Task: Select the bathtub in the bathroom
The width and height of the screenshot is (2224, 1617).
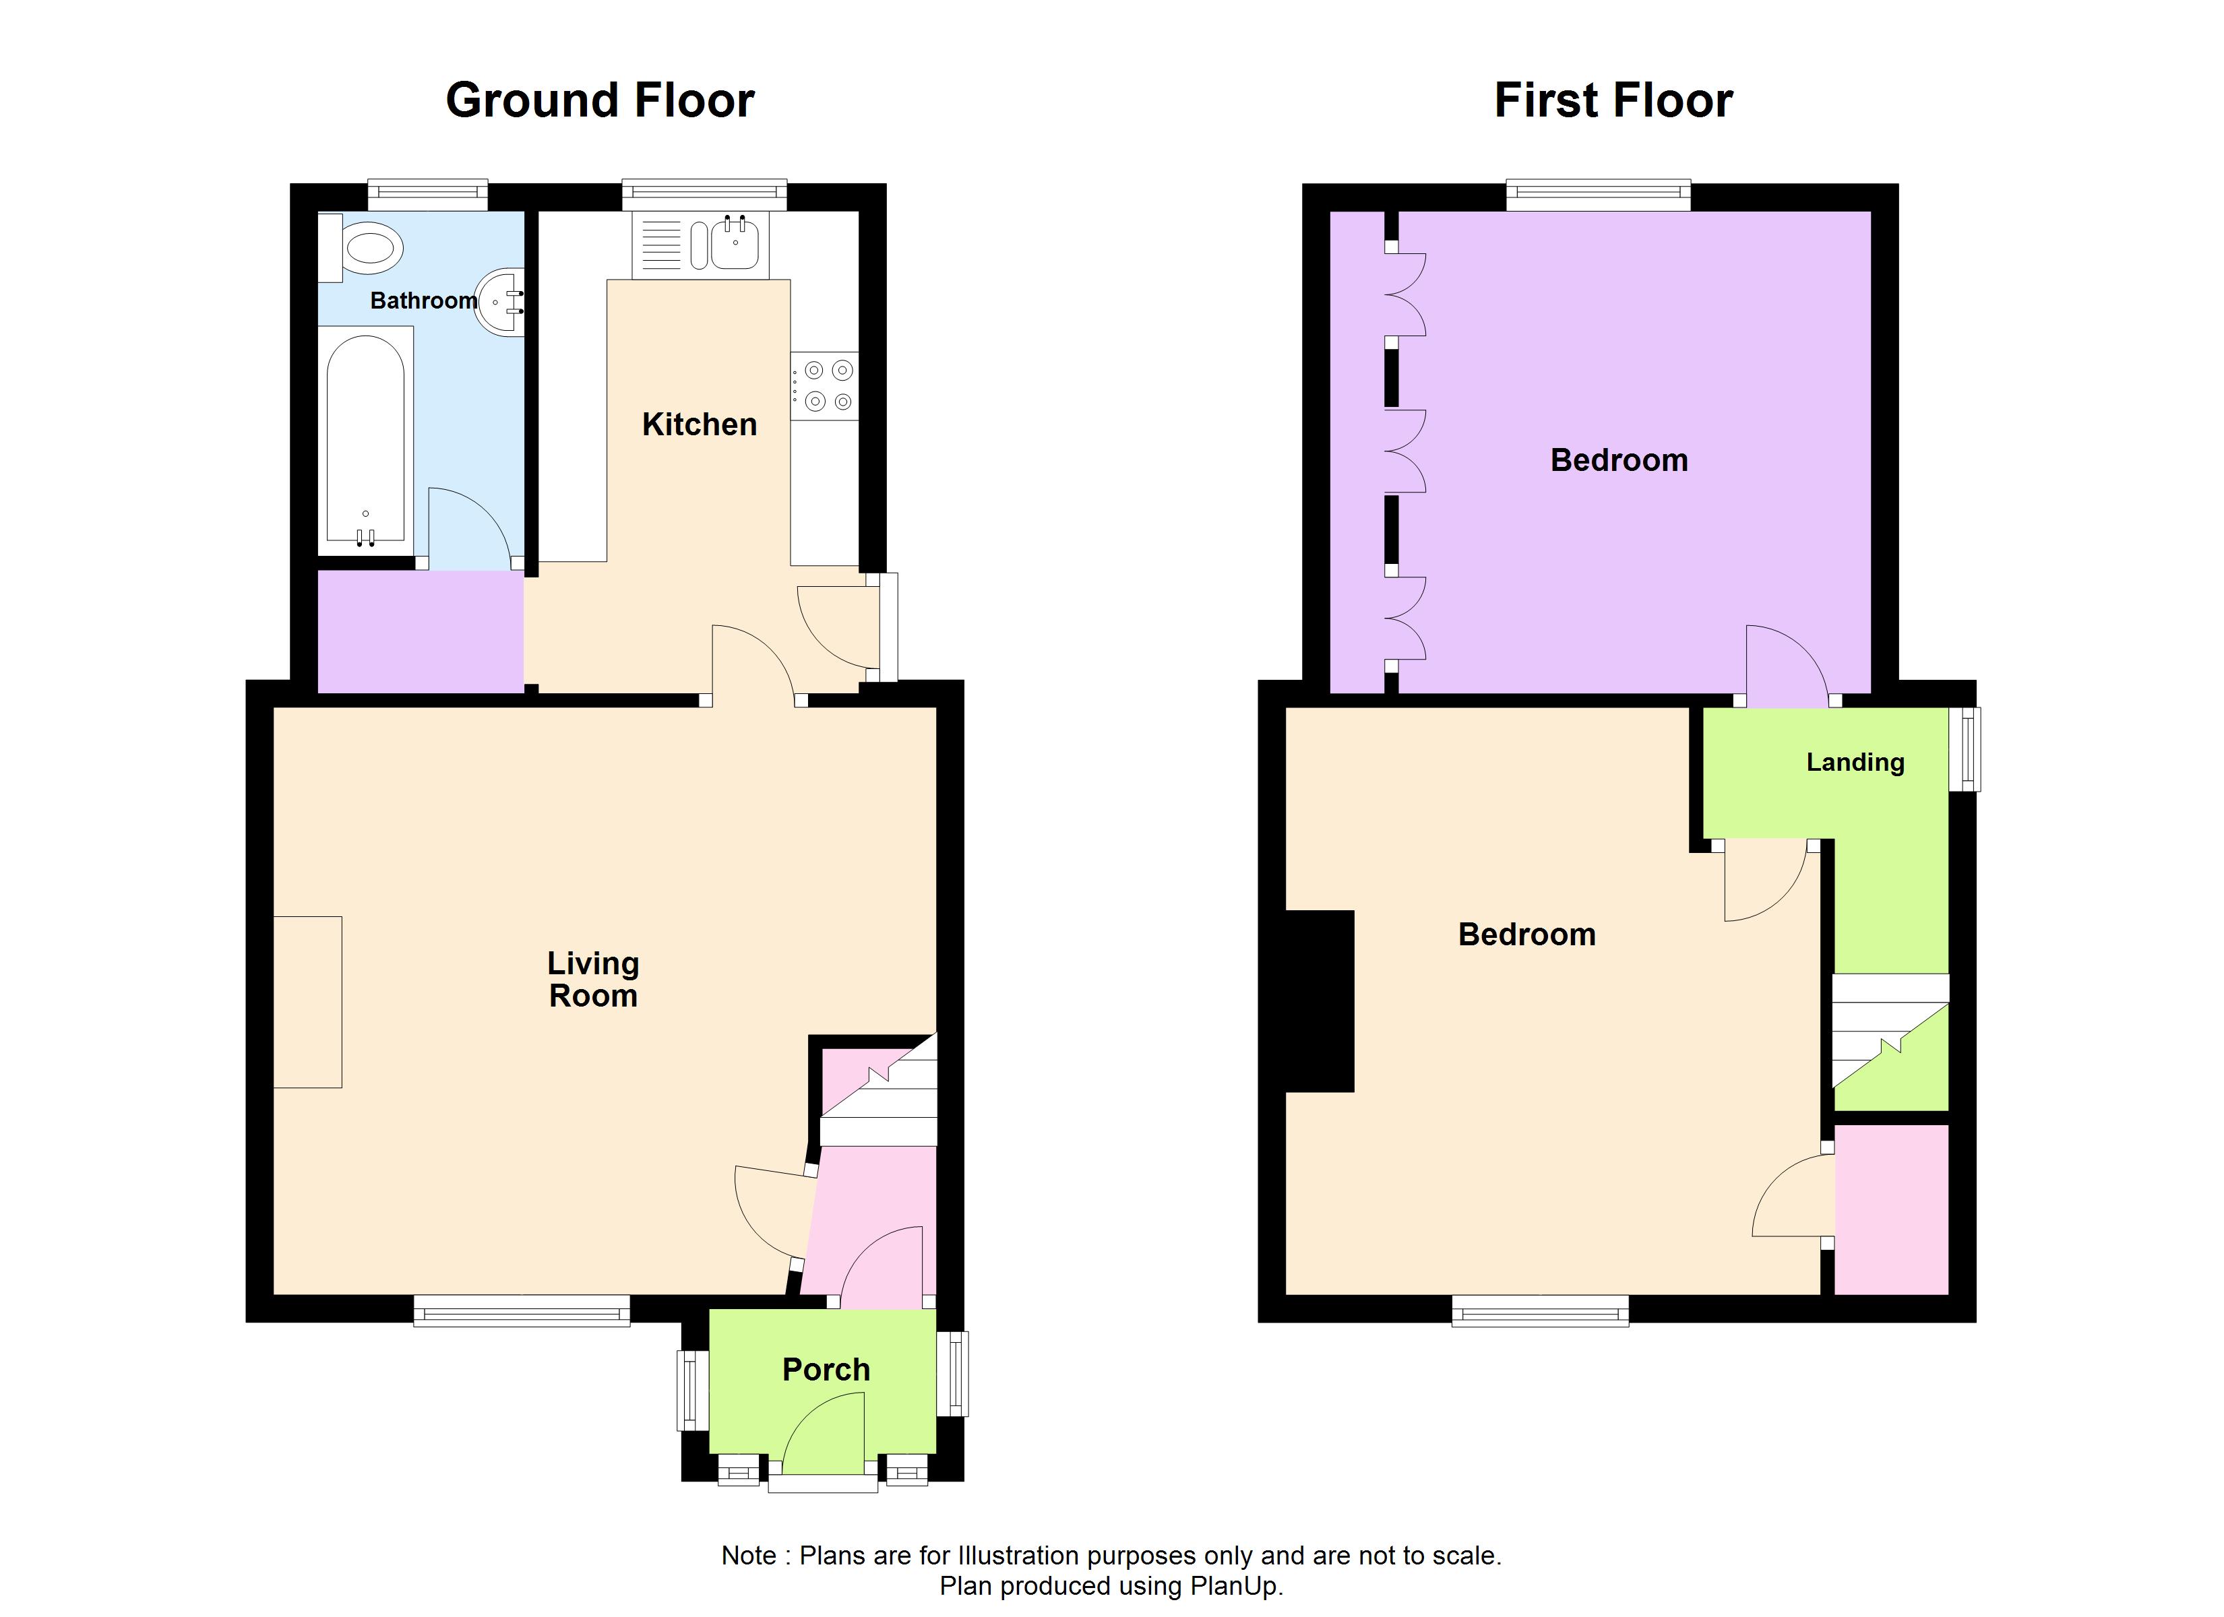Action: [x=365, y=439]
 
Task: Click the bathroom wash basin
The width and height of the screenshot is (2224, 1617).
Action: [x=503, y=301]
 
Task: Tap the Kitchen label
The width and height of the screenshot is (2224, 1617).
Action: [x=699, y=424]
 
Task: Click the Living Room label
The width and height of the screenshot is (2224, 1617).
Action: [x=592, y=980]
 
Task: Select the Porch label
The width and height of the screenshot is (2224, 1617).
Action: [x=826, y=1370]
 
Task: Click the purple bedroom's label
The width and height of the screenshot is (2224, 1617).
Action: [x=1619, y=460]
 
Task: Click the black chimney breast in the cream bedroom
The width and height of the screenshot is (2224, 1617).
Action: [x=1320, y=1001]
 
